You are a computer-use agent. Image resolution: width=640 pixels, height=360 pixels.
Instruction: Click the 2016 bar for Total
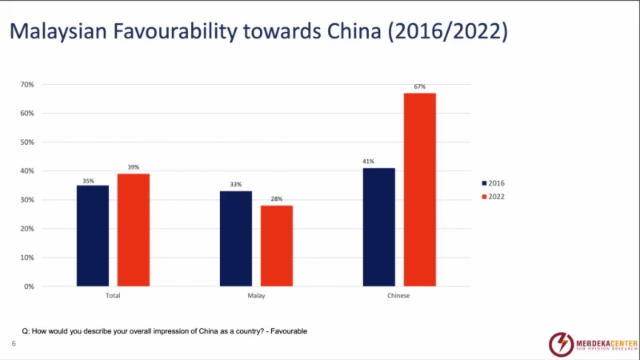pyautogui.click(x=93, y=235)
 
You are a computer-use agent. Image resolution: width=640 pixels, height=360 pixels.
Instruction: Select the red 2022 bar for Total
pyautogui.click(x=134, y=230)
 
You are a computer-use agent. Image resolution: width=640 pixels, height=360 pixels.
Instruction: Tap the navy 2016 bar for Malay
pyautogui.click(x=236, y=238)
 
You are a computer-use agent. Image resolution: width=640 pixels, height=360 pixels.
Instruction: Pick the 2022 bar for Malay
pyautogui.click(x=277, y=246)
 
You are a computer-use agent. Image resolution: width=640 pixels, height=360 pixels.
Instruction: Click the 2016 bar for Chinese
pyautogui.click(x=379, y=227)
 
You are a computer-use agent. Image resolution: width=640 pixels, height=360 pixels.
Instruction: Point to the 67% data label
pyautogui.click(x=420, y=86)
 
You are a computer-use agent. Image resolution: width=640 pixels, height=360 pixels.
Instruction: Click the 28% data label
pyautogui.click(x=277, y=199)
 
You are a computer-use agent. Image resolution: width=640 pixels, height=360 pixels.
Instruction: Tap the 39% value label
pyautogui.click(x=134, y=167)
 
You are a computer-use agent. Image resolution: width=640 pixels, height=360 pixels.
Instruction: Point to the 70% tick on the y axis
pyautogui.click(x=26, y=84)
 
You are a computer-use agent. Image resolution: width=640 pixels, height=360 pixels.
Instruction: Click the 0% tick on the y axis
pyautogui.click(x=28, y=286)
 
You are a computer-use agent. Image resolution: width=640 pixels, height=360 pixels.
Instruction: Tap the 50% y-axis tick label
pyautogui.click(x=26, y=142)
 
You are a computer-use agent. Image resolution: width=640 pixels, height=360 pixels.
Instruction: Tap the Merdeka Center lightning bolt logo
pyautogui.click(x=561, y=344)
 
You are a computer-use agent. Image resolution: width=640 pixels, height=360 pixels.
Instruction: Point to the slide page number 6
pyautogui.click(x=14, y=343)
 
